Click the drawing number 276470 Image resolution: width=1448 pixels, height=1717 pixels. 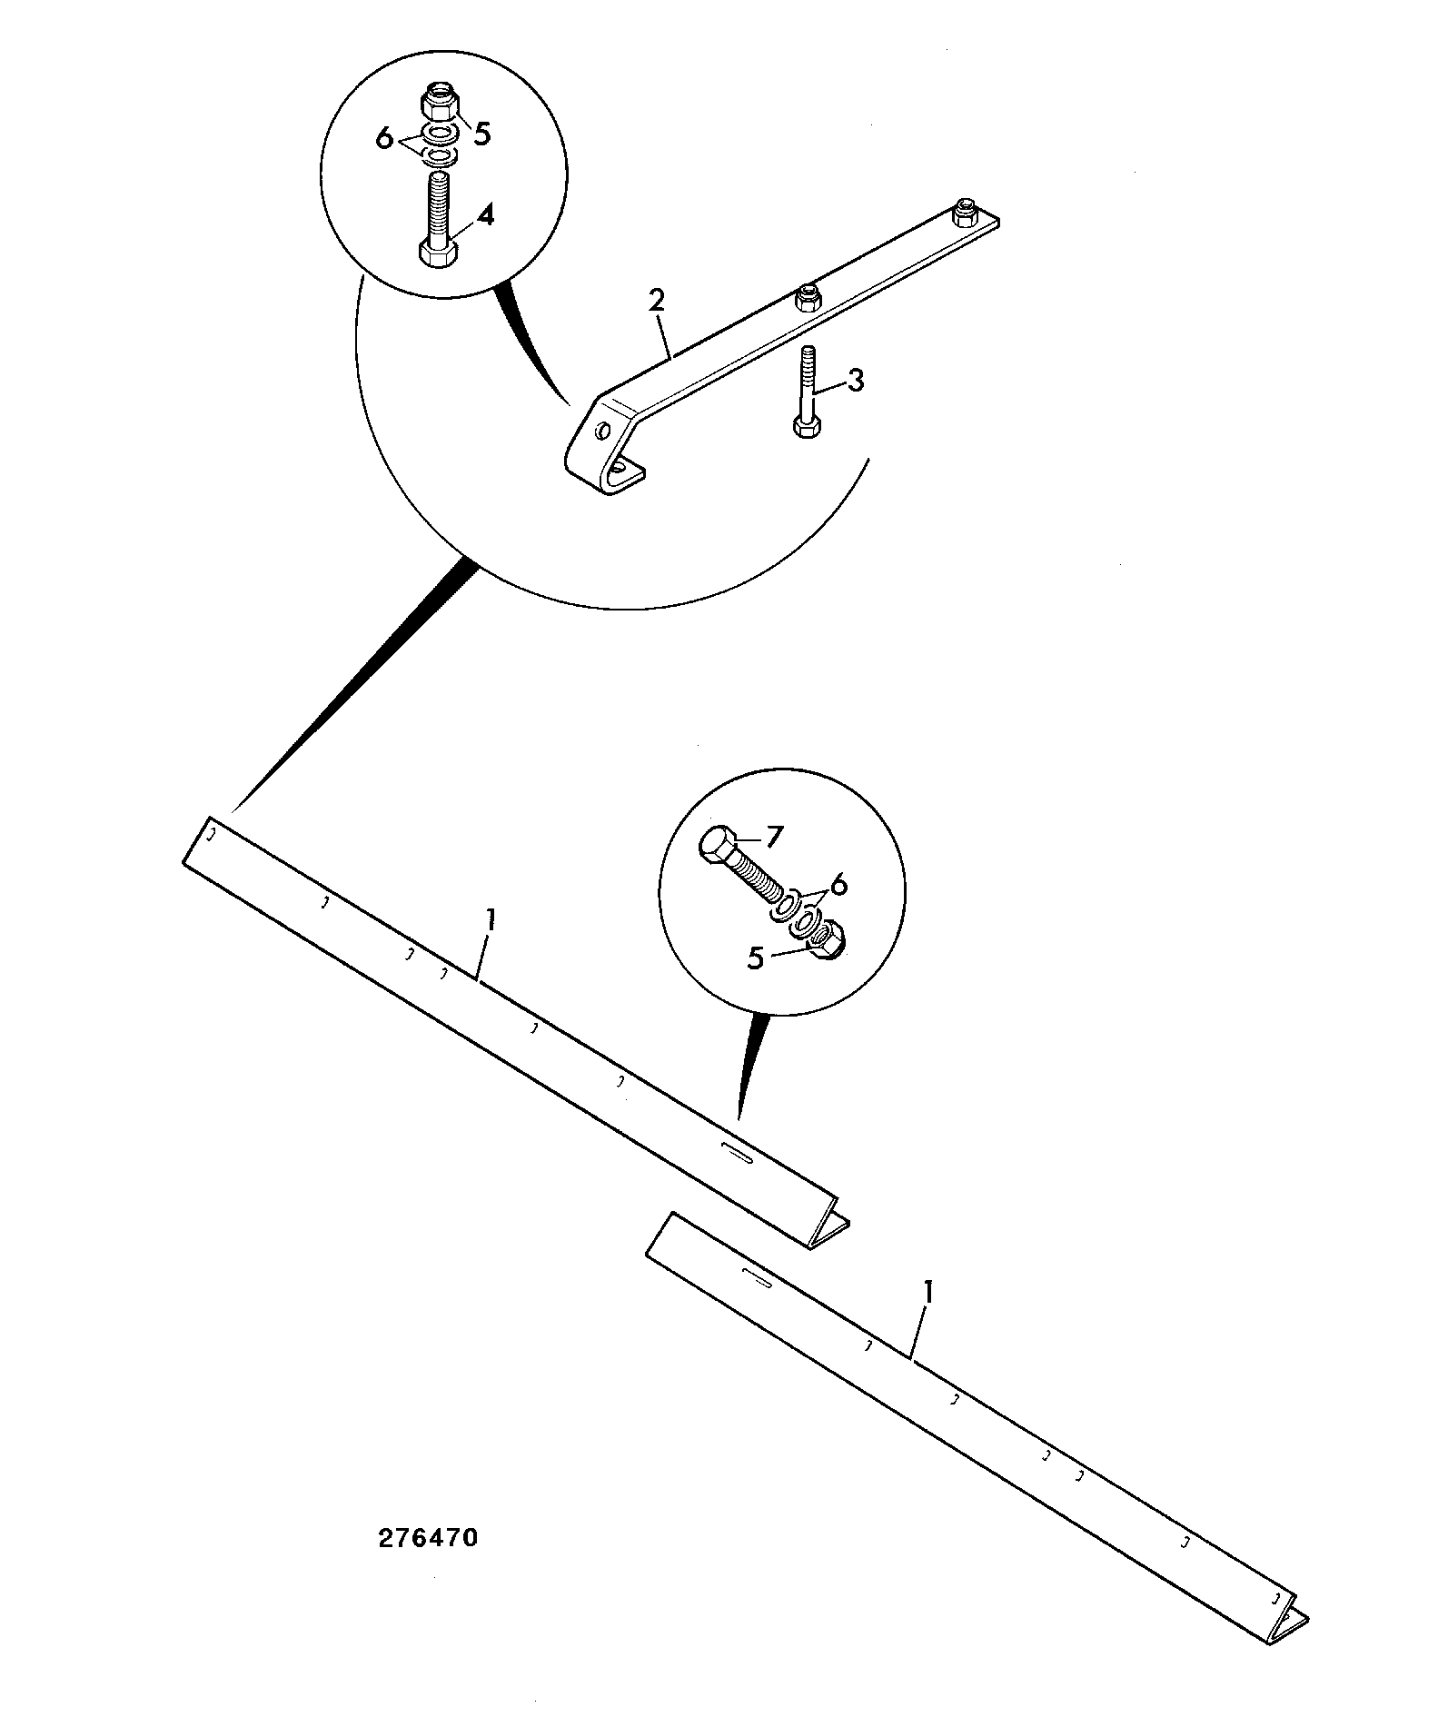tap(426, 1539)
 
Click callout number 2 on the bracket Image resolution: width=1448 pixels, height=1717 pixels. tap(657, 301)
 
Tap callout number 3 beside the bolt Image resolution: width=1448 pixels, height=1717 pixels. tap(855, 379)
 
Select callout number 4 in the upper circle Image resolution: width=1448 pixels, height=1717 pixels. tap(486, 217)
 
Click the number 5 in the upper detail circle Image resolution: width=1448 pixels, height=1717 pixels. tap(481, 134)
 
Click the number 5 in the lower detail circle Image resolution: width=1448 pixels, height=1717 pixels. tap(756, 958)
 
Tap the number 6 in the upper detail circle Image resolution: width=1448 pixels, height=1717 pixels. tap(384, 139)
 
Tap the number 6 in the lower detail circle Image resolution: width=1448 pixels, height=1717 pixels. tap(838, 882)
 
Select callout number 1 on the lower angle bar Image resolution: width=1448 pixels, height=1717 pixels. tap(927, 1292)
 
